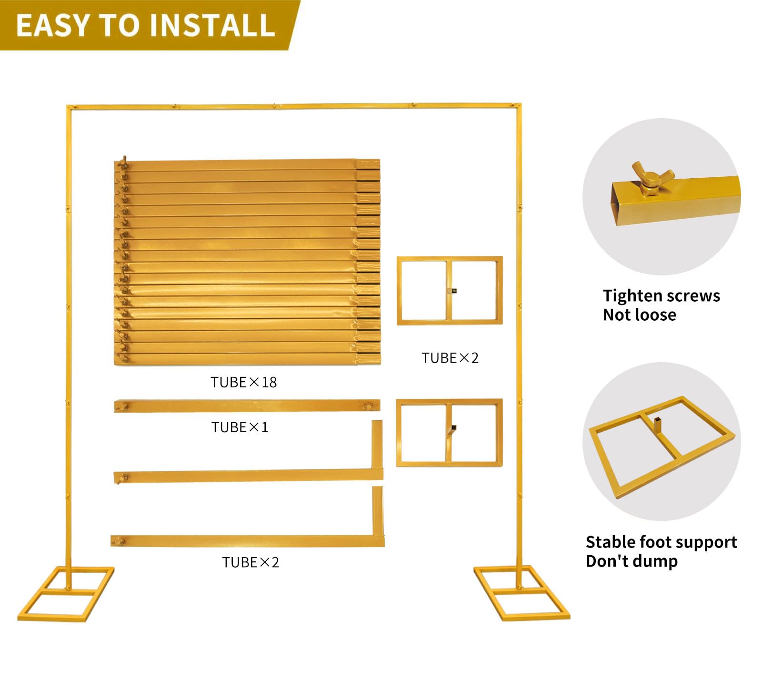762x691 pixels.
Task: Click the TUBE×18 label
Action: point(243,382)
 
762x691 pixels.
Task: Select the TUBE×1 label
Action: point(240,427)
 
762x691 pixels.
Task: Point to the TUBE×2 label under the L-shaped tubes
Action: point(251,562)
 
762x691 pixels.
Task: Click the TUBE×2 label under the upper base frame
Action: point(450,358)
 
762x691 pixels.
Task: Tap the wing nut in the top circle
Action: point(652,179)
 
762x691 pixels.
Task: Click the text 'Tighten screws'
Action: point(662,295)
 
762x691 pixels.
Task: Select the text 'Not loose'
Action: point(640,315)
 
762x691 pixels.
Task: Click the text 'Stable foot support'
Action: point(661,542)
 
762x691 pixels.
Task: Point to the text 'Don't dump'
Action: point(632,561)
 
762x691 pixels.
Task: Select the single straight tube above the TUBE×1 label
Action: point(247,406)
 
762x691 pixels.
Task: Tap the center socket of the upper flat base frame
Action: point(453,291)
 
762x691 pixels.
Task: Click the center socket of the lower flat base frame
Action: point(452,428)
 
